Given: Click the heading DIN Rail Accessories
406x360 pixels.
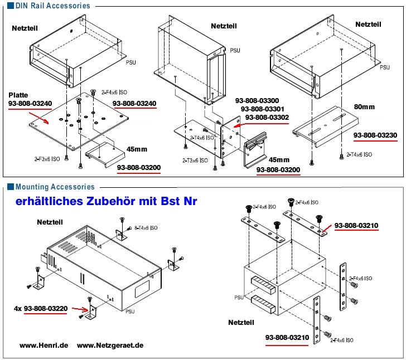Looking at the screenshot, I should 52,6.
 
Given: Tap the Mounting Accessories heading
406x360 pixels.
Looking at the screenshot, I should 55,187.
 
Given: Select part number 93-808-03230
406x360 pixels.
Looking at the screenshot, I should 374,134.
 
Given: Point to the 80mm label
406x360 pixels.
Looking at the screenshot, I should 364,106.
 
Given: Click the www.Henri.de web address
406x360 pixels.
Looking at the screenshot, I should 44,346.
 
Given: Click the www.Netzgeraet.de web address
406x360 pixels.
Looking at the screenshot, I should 110,346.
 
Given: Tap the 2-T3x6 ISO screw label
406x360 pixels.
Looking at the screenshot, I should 195,160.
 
